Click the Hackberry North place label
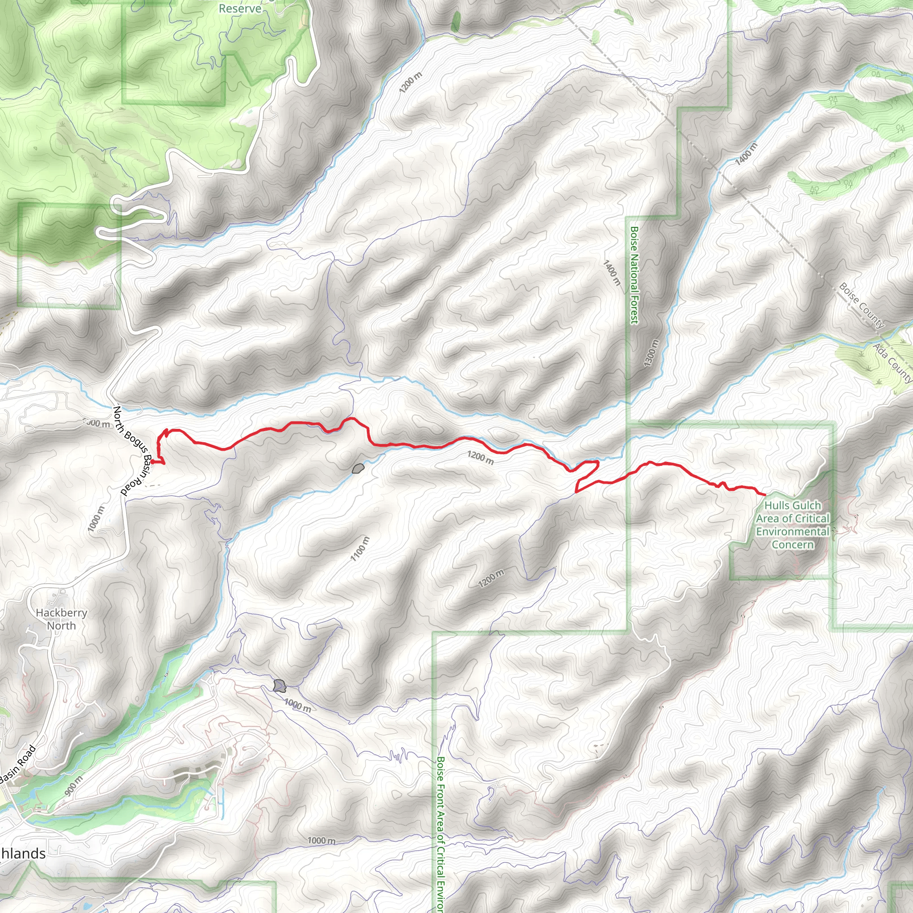point(62,619)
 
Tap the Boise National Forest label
point(634,275)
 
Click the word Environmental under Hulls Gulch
point(793,532)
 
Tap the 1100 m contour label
point(360,549)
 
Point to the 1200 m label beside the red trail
point(481,457)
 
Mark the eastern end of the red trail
point(765,494)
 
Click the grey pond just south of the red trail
point(358,469)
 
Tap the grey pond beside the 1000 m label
point(279,686)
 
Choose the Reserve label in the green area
point(240,9)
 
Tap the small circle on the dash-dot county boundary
point(669,97)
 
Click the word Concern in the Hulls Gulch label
point(793,544)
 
